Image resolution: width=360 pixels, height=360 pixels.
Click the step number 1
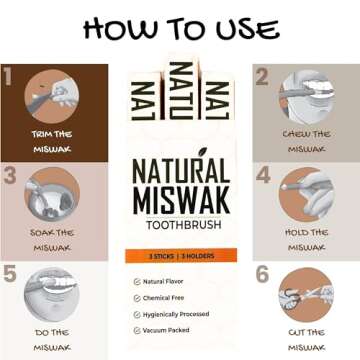[x=9, y=77]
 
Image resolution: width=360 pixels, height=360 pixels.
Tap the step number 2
[x=263, y=77]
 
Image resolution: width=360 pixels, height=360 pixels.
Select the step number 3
[x=9, y=175]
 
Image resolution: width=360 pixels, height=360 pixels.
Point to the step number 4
[x=263, y=175]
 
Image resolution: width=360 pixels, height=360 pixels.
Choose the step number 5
[x=9, y=273]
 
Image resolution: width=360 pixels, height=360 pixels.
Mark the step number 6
[x=263, y=273]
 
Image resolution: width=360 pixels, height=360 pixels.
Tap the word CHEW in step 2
[x=296, y=133]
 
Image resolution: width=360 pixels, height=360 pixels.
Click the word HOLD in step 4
[x=296, y=233]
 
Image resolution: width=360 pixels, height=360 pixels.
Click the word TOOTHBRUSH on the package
[x=179, y=225]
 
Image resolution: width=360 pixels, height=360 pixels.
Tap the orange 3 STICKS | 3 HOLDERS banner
[x=179, y=256]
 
